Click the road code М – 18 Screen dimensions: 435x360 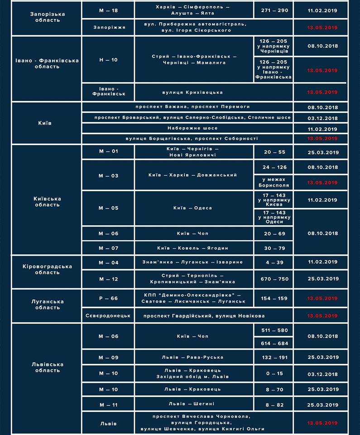pos(108,10)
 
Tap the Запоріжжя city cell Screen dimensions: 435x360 pos(108,27)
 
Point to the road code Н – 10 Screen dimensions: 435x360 pos(108,59)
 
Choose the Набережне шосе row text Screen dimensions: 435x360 pos(187,128)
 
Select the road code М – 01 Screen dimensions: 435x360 pos(108,151)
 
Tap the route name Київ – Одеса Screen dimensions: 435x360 pos(194,208)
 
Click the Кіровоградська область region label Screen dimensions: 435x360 pos(47,270)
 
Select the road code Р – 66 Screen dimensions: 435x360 pos(108,298)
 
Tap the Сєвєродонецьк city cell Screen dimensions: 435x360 pos(108,315)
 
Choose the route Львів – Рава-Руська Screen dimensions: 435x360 pos(194,357)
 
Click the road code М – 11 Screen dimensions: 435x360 pos(108,404)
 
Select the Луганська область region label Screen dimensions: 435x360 pos(47,304)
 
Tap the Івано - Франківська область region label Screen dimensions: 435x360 pos(47,63)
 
